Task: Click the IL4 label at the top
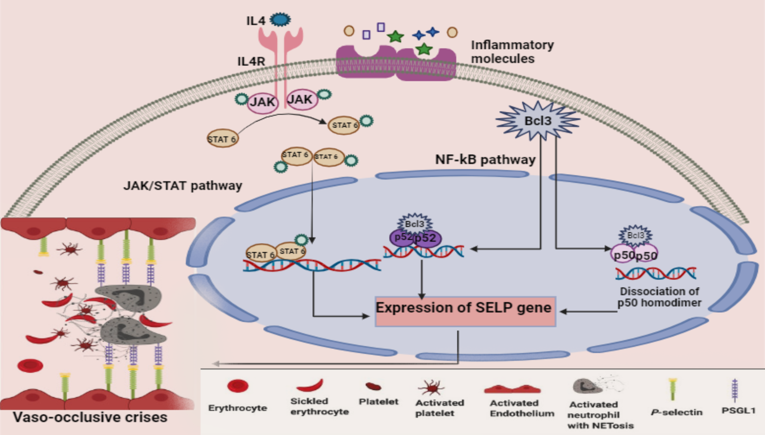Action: click(x=256, y=21)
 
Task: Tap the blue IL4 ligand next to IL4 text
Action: click(x=280, y=19)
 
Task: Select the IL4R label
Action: click(x=251, y=61)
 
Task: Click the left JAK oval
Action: click(x=262, y=102)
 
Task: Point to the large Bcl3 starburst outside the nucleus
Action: click(x=538, y=121)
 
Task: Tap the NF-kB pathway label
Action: click(x=485, y=159)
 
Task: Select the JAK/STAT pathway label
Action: click(x=183, y=186)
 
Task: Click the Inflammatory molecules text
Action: click(x=512, y=52)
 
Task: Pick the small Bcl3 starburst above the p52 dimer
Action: click(x=415, y=224)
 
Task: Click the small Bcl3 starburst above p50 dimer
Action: click(x=635, y=235)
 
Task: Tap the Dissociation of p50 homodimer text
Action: click(x=659, y=297)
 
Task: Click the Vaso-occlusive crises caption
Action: click(x=90, y=417)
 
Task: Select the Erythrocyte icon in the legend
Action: click(x=238, y=386)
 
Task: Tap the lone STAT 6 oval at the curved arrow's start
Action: click(x=222, y=139)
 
